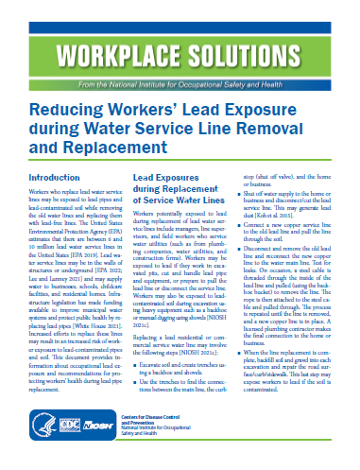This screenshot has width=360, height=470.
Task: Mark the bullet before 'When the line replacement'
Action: [247, 378]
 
